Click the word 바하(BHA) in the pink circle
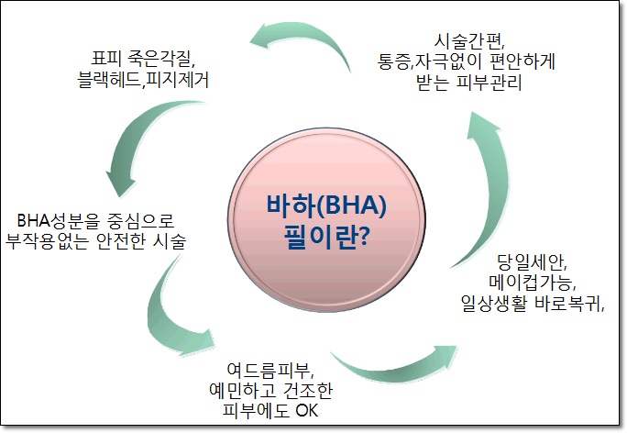pos(326,205)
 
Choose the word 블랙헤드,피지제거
pos(143,79)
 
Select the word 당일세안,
pos(532,262)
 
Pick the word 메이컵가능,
pos(532,283)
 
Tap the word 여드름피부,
pos(269,371)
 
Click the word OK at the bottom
pos(307,411)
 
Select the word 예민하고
pos(242,390)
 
